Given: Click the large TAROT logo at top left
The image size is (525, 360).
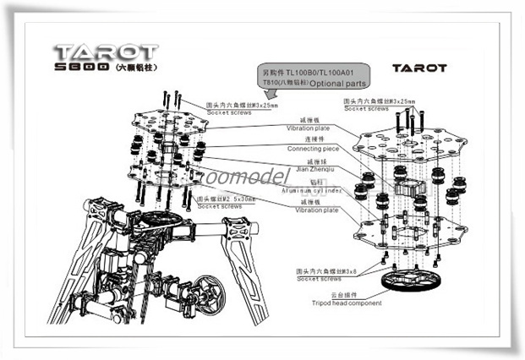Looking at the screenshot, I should click(x=105, y=52).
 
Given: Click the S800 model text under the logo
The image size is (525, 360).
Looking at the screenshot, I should click(x=81, y=66).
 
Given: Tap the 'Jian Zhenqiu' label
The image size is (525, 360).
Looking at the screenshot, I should click(x=300, y=169).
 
